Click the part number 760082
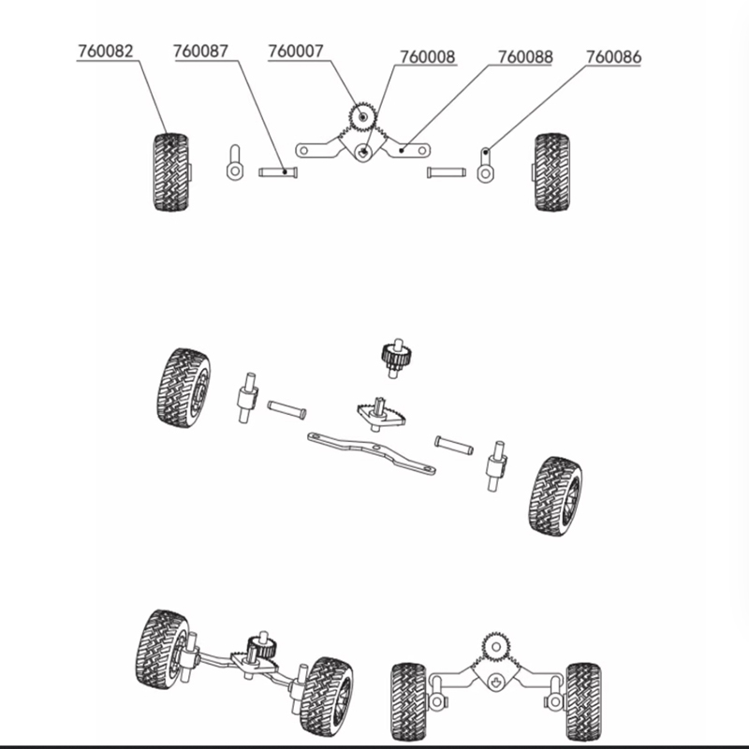tap(106, 51)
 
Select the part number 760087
tap(200, 51)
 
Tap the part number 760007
tap(296, 51)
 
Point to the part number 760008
tap(428, 57)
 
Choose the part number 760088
tap(525, 57)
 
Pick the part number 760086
tap(614, 57)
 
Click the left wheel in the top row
tap(171, 172)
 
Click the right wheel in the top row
tap(551, 172)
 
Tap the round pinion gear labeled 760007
tap(362, 116)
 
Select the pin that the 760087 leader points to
tap(278, 171)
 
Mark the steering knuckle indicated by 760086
tap(485, 165)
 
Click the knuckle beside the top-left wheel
tap(235, 162)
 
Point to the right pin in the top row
tap(447, 171)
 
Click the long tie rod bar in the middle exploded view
tap(372, 453)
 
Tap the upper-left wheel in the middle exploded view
tap(184, 388)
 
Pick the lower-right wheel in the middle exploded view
tap(555, 496)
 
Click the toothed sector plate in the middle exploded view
tap(381, 415)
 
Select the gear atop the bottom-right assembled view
tap(496, 647)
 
